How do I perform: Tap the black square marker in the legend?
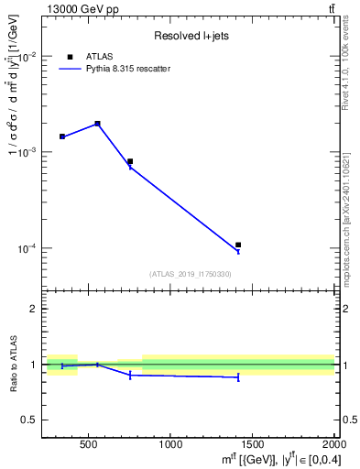(x=70, y=57)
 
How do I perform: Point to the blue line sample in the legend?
(x=70, y=69)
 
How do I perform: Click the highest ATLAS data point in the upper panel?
(x=97, y=124)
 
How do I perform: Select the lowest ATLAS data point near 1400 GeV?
(x=238, y=245)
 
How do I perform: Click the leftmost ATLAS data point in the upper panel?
(x=62, y=136)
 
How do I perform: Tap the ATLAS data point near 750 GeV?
(x=130, y=161)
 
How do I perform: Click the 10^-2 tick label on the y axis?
(x=27, y=57)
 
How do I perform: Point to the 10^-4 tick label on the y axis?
(x=27, y=248)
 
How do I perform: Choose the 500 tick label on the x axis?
(x=89, y=444)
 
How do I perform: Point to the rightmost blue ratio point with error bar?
(x=238, y=376)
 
